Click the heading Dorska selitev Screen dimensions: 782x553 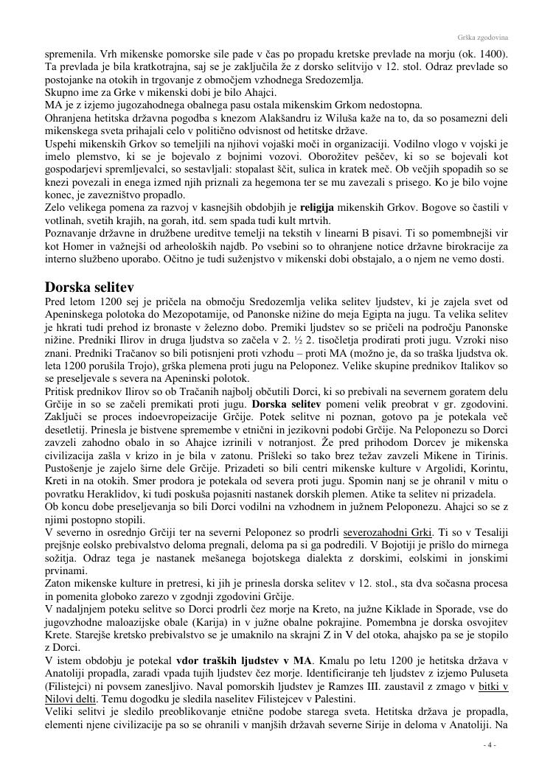89,287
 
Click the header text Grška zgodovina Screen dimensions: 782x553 487,37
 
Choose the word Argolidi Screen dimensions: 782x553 420,469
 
